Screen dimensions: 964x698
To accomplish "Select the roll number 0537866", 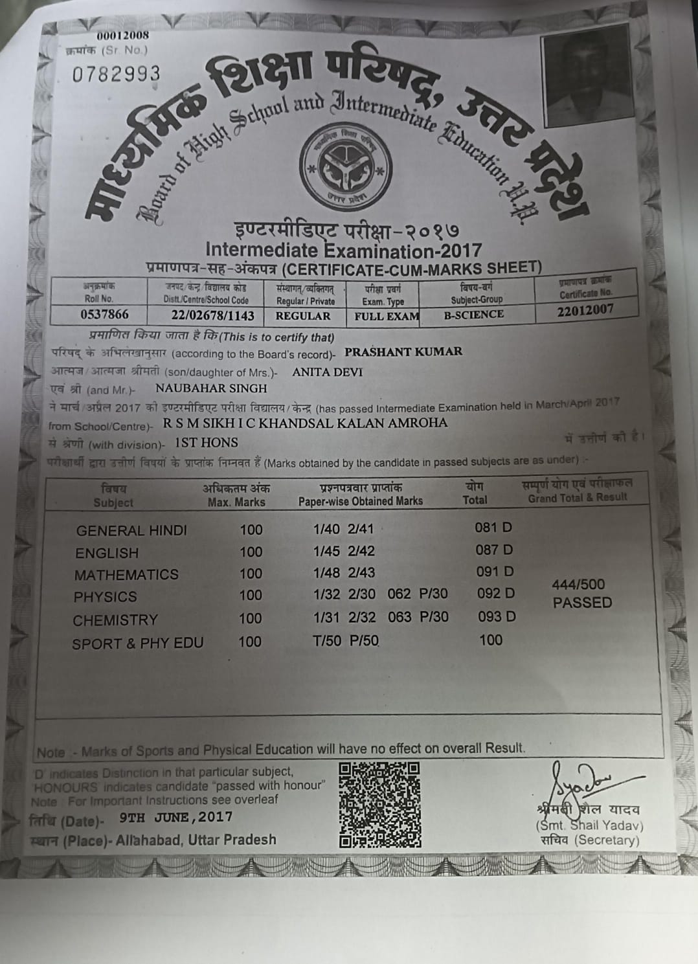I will (104, 315).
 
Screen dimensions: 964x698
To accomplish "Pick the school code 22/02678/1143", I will (213, 316).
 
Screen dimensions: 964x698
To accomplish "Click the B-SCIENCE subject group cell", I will (474, 315).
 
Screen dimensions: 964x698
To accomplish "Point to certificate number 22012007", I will (585, 310).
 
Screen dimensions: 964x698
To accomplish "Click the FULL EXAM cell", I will (387, 317).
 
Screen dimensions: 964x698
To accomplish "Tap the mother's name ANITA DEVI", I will (328, 372).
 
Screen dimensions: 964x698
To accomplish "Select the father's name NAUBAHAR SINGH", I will (211, 388).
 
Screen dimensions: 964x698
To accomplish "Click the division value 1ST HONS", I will (207, 443).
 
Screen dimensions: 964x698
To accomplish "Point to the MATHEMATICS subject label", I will (126, 575).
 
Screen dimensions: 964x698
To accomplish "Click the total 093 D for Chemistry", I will (497, 616).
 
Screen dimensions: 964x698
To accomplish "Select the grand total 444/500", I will (578, 584).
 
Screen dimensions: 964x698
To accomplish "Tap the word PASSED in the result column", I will (582, 603).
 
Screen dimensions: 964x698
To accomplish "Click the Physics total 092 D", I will (496, 593).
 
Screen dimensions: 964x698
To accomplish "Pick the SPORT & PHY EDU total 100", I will (491, 640).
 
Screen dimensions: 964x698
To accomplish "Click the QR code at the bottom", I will (380, 805).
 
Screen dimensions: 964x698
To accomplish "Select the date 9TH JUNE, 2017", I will (176, 817).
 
